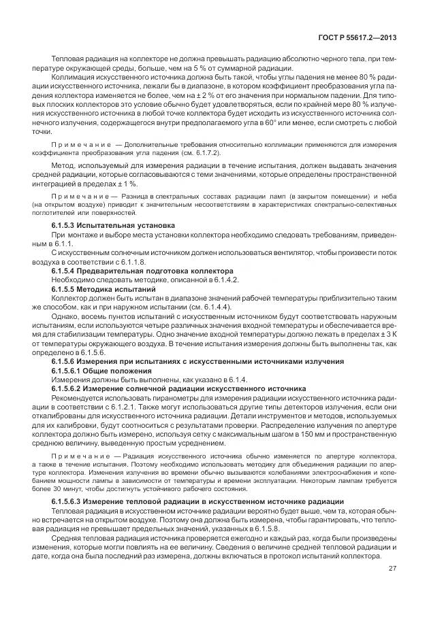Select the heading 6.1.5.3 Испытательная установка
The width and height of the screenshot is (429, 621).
coord(114,224)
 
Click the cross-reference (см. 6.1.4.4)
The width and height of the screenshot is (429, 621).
coord(208,307)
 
